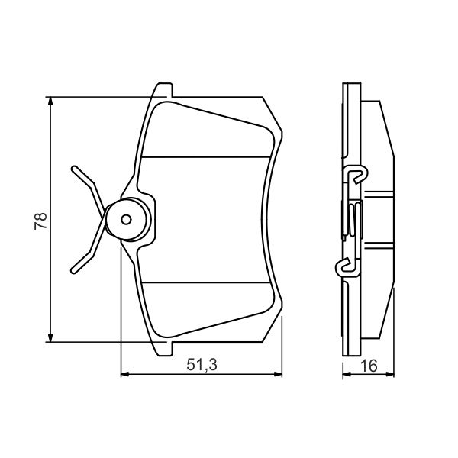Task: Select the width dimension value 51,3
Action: pos(202,366)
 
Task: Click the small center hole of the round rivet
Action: pos(127,220)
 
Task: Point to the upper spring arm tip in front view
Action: pos(74,168)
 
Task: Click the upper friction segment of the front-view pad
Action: pos(206,130)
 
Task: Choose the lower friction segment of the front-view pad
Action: pos(206,309)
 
